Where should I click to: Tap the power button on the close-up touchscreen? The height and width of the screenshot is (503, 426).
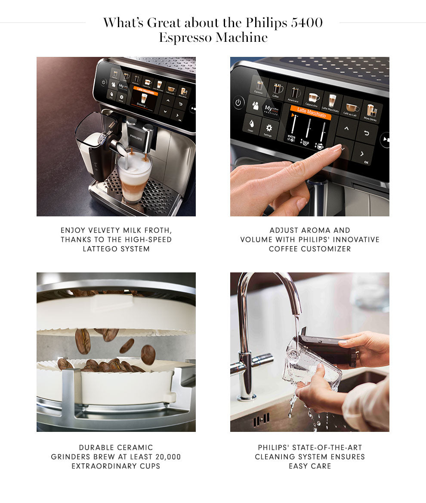(x=239, y=103)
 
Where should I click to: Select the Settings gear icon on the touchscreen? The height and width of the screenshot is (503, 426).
(x=269, y=129)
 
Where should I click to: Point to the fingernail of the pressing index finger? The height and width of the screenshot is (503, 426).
(x=335, y=149)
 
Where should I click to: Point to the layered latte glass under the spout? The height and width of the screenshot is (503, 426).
(x=134, y=179)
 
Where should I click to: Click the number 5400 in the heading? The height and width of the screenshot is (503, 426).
(x=306, y=23)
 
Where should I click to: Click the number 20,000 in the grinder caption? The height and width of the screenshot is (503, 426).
(x=166, y=457)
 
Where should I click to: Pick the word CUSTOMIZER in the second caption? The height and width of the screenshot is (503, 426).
(x=310, y=249)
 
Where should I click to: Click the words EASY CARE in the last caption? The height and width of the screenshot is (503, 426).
(x=310, y=466)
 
